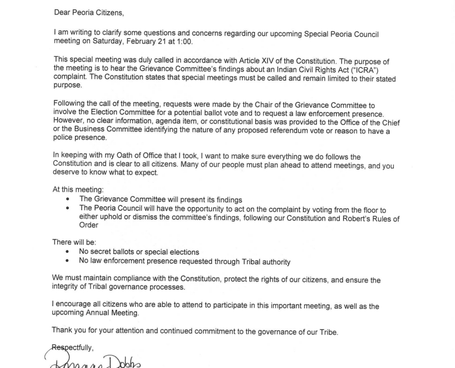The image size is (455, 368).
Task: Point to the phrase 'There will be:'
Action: (x=74, y=243)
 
